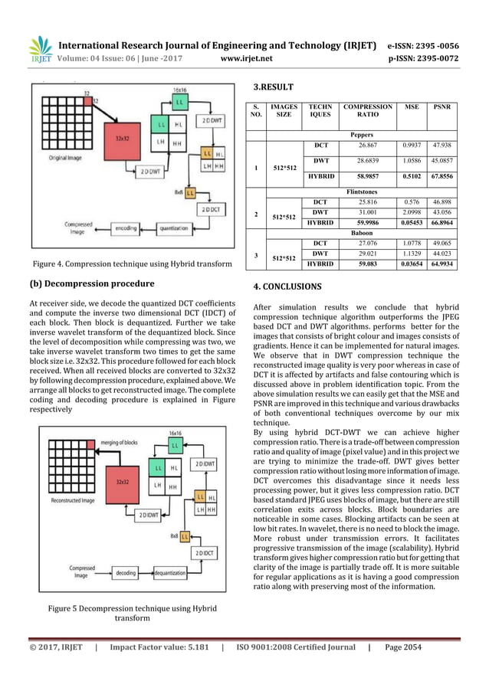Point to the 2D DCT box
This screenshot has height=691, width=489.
pos(208,208)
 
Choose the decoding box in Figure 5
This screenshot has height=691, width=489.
pos(124,571)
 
